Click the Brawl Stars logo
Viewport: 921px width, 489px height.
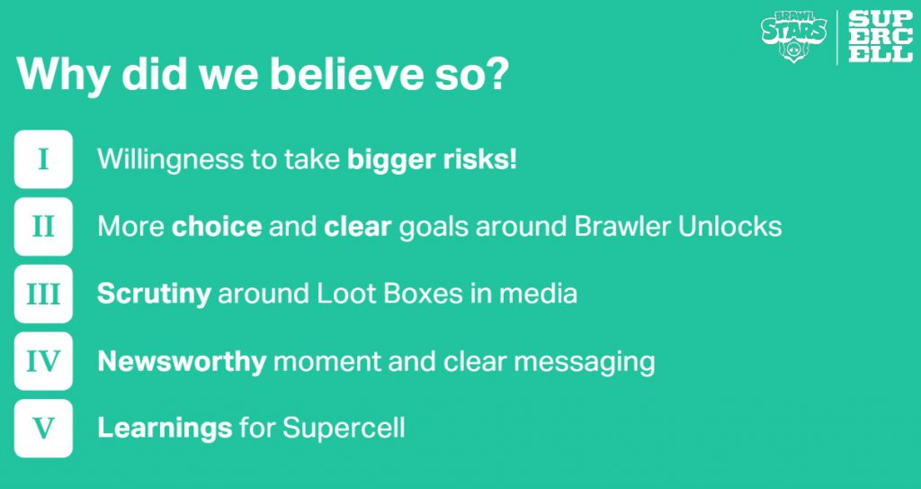794,36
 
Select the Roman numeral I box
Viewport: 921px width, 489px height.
43,158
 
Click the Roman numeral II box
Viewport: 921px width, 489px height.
43,227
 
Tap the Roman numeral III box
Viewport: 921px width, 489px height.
43,294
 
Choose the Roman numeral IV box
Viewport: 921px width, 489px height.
43,361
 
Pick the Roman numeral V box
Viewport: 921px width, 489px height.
43,429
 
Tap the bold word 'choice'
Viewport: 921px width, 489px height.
217,227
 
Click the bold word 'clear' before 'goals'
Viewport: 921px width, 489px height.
358,227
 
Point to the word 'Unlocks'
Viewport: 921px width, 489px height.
729,227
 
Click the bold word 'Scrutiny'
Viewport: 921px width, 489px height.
154,294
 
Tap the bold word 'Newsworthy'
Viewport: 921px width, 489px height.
182,362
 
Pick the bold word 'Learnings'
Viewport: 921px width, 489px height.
165,429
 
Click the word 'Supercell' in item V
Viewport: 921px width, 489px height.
344,429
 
